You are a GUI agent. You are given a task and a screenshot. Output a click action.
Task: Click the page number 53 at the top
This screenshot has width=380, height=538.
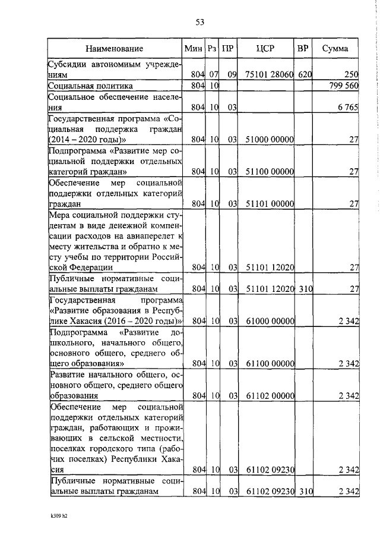(199, 23)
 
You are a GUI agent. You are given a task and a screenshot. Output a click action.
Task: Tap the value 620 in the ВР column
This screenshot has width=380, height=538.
(305, 75)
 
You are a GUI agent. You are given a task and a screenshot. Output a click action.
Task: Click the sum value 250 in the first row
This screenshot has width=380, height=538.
(351, 75)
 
